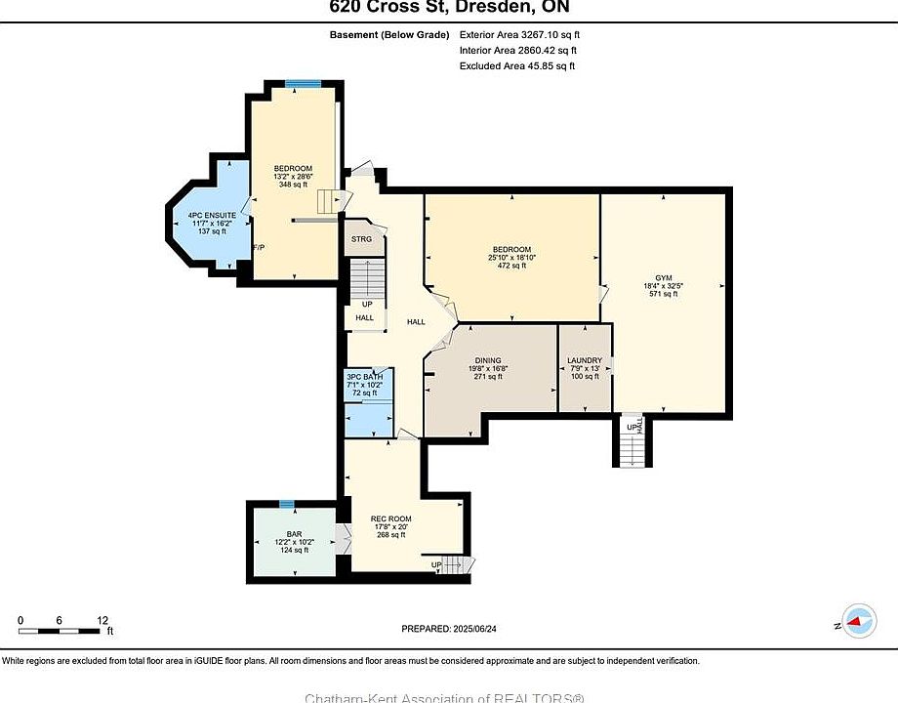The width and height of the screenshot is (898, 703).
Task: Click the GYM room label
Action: [x=664, y=277]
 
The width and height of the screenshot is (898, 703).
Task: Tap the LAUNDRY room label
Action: [x=584, y=360]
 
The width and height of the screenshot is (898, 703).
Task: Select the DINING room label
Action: [x=487, y=360]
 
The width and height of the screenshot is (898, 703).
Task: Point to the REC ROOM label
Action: [x=390, y=518]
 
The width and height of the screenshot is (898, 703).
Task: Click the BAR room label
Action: [x=294, y=534]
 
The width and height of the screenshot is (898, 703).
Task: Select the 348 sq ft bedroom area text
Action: [x=293, y=184]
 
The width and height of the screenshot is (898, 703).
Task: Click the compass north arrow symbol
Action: [x=857, y=620]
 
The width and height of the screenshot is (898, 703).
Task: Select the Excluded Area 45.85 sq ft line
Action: [x=517, y=65]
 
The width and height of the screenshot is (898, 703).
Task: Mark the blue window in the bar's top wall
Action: [x=286, y=504]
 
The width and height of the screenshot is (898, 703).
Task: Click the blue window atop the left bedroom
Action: [x=311, y=83]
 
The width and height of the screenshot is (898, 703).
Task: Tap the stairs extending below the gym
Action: [x=633, y=446]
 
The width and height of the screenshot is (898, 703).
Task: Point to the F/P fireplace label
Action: [x=259, y=247]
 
